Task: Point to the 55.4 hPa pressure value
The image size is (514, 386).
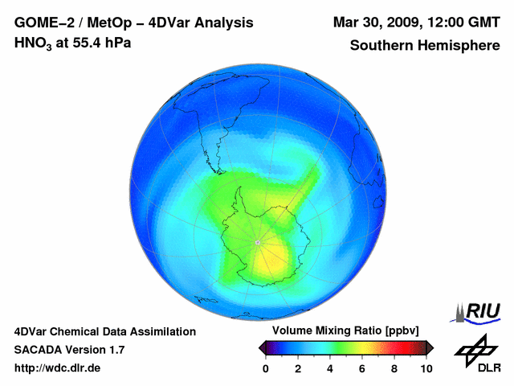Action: click(98, 43)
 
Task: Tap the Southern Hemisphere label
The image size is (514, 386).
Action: click(424, 45)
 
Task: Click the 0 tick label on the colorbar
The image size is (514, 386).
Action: click(266, 368)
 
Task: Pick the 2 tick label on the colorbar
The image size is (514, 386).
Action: click(298, 368)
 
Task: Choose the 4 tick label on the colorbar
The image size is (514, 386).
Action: click(330, 368)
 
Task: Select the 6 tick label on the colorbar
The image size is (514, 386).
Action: click(362, 368)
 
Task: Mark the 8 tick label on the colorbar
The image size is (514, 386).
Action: click(394, 368)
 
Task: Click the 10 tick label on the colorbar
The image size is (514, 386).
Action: click(426, 368)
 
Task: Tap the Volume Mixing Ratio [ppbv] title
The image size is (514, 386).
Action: click(342, 331)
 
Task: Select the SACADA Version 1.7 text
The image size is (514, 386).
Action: click(69, 350)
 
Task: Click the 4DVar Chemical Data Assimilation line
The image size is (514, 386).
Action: click(105, 331)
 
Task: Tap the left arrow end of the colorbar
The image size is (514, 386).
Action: click(262, 347)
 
